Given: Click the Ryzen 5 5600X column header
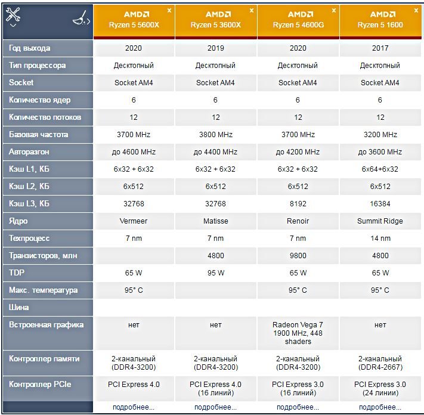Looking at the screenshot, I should [134, 20].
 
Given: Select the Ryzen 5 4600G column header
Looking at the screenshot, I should [298, 20].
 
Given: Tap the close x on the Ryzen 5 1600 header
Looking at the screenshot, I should [415, 10].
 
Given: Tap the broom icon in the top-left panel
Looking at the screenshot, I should [81, 19].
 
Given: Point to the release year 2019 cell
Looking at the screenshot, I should [216, 48].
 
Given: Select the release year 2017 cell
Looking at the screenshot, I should [379, 48].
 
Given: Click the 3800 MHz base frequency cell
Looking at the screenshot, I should [216, 135].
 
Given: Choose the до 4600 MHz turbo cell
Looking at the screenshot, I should [134, 152].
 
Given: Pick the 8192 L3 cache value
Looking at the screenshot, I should [298, 204].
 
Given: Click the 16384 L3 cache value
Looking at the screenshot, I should [379, 204].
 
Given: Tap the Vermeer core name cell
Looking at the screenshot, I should [134, 221].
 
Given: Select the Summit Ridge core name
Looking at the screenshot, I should [379, 221].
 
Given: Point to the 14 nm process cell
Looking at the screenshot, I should [379, 239].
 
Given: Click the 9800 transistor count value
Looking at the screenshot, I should [298, 256].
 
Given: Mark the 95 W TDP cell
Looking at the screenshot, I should [216, 273].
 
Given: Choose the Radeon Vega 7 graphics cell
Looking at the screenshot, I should [298, 333].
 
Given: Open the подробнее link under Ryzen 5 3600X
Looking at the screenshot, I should [216, 407].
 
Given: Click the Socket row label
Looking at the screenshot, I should [21, 83].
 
